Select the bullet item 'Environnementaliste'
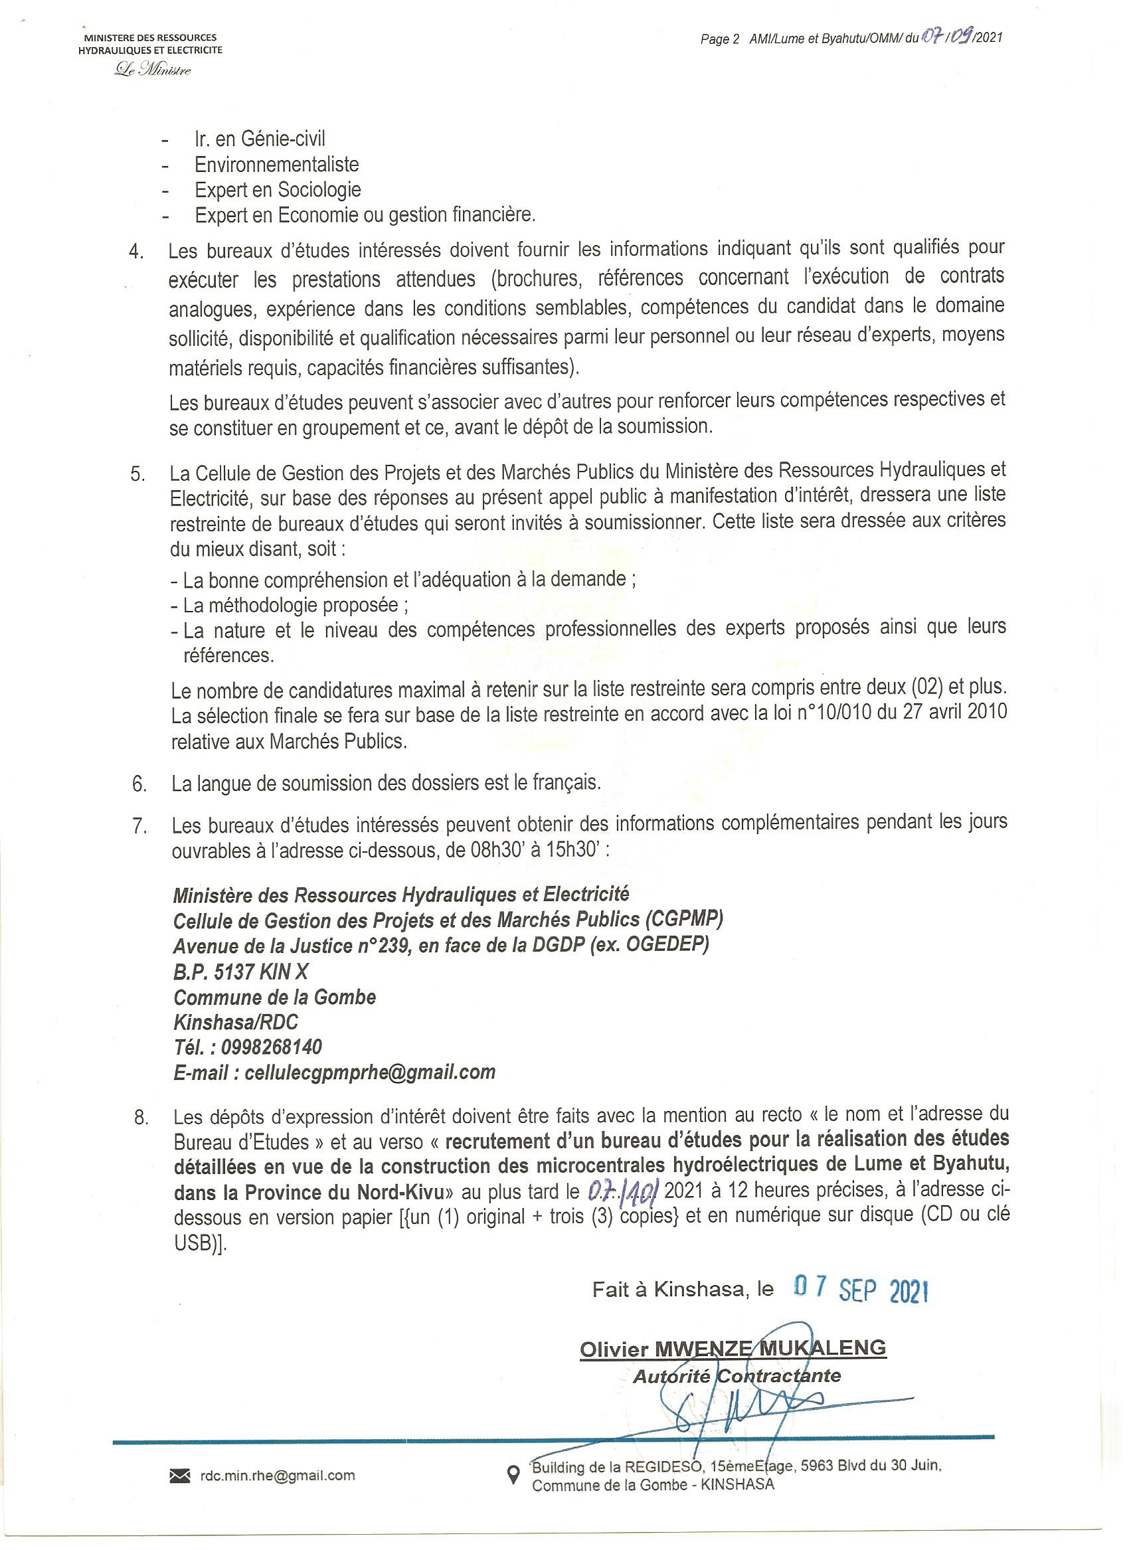click(x=276, y=165)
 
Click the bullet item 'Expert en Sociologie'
click(x=278, y=190)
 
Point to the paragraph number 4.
click(x=137, y=252)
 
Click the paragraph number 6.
click(x=139, y=784)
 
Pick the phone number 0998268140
click(x=273, y=1047)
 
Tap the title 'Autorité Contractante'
click(x=737, y=1375)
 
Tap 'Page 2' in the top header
click(x=720, y=40)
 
